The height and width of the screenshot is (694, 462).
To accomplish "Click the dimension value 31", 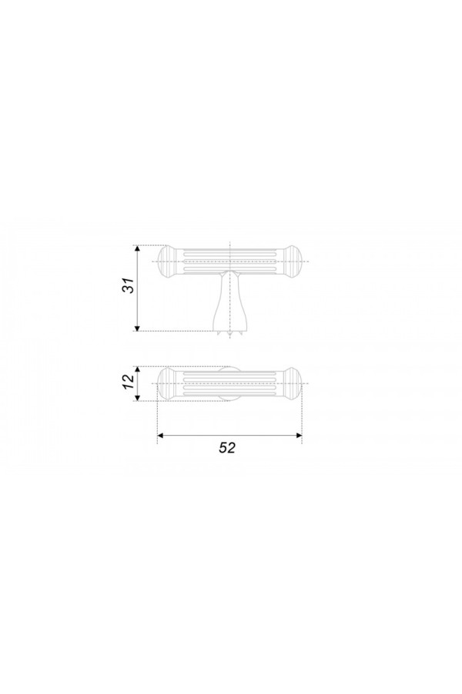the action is [129, 288].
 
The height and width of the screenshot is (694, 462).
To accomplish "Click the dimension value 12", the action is [129, 383].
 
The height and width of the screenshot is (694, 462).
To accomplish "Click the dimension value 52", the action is [227, 447].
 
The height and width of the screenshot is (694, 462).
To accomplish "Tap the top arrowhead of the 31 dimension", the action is [138, 249].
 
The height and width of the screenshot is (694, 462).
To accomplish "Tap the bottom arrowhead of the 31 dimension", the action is [138, 327].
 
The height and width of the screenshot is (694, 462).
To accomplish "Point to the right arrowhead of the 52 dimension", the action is [298, 436].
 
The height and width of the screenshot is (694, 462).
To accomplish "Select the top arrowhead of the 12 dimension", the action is [138, 370].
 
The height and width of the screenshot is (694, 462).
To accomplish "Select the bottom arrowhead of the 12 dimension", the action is [138, 397].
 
